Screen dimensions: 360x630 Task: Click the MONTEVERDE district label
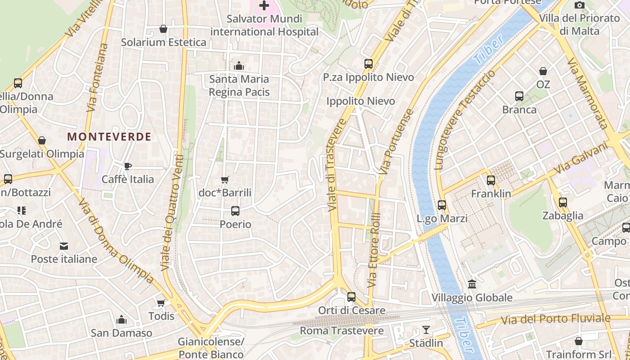click(109, 137)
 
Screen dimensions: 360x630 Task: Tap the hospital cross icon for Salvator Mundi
click(264, 6)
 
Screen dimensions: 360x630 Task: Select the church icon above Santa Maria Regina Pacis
click(239, 66)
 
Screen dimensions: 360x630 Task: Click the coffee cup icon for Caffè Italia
click(128, 166)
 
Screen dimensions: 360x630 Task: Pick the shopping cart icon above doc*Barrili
click(225, 180)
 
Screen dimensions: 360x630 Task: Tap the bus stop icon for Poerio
click(235, 211)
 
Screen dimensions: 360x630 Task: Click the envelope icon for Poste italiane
click(64, 246)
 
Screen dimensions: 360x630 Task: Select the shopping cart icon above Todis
click(161, 303)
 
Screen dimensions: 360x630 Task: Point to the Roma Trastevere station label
click(342, 331)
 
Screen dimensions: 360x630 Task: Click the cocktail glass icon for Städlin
click(426, 330)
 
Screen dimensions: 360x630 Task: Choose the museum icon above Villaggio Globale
click(472, 284)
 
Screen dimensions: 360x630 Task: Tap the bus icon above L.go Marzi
click(442, 205)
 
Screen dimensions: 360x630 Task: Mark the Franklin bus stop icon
click(491, 180)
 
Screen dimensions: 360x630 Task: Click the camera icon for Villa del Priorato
click(579, 5)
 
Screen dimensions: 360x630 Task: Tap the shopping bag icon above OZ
click(543, 71)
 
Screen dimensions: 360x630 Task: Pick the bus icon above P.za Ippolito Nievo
click(369, 64)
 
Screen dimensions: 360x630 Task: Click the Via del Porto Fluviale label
click(556, 319)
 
